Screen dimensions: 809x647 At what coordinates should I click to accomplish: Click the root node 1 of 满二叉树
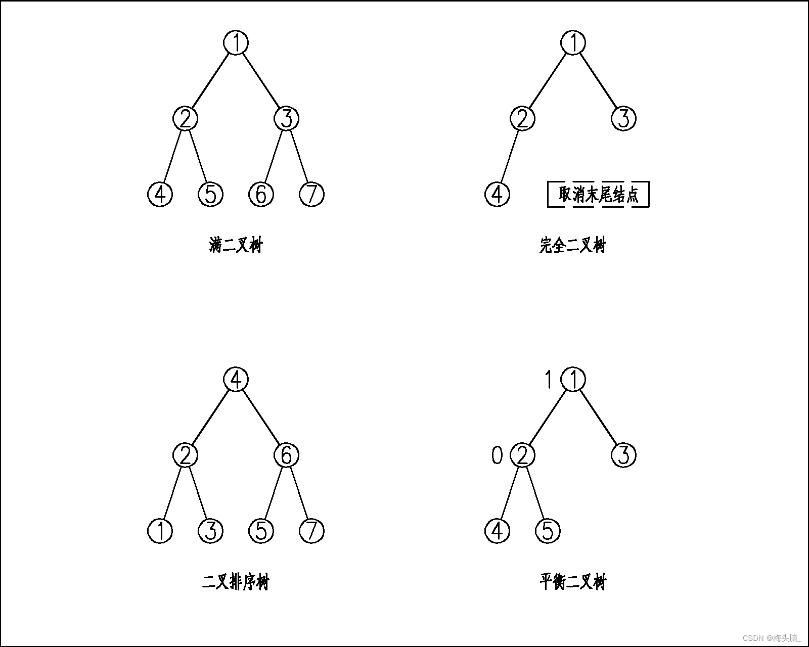tap(236, 42)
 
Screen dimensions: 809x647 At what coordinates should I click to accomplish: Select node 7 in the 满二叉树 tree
tap(311, 194)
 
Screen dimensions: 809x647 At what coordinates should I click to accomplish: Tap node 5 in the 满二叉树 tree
tap(210, 194)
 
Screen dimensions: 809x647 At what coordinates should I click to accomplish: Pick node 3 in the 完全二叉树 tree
tap(623, 119)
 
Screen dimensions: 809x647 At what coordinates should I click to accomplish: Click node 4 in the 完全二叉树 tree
tap(497, 194)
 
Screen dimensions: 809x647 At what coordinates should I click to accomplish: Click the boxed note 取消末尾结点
tap(598, 194)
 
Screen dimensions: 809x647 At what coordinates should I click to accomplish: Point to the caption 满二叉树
tap(236, 246)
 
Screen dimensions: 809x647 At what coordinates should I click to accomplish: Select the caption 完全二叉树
tap(572, 246)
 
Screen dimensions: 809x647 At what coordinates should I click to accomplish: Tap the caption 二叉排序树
tap(236, 582)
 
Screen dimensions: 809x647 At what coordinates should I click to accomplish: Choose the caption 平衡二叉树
tap(572, 582)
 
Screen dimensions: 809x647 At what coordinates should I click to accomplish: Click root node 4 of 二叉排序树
tap(236, 380)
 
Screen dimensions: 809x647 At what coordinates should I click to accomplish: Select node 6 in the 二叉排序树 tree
tap(286, 455)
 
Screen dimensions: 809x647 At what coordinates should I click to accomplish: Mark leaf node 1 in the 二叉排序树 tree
tap(160, 531)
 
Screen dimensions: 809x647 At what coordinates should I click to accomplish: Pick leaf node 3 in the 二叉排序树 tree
tap(210, 531)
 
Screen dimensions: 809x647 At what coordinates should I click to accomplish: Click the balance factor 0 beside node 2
tap(497, 456)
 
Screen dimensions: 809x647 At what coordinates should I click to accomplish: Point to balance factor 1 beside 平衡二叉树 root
tap(548, 380)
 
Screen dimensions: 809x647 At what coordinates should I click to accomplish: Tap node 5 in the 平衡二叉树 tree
tap(548, 531)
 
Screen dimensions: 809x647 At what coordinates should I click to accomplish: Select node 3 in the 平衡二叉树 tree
tap(623, 455)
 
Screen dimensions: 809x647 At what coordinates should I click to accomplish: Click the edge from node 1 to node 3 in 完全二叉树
tap(598, 81)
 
